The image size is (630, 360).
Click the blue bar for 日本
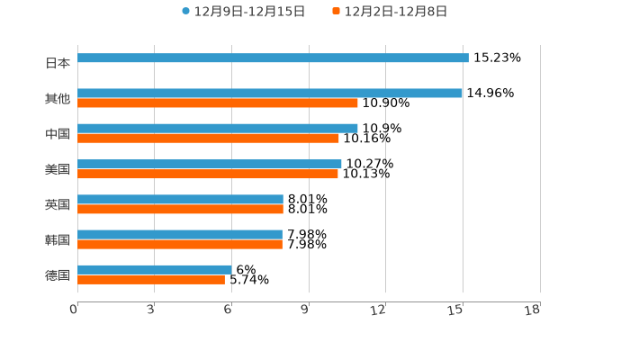click(273, 58)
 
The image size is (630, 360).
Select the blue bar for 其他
click(270, 94)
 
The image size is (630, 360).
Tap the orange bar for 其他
click(218, 103)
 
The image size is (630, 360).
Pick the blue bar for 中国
click(218, 129)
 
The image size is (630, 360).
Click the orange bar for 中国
click(208, 139)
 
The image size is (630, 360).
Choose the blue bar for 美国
click(210, 165)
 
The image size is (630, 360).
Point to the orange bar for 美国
click(208, 175)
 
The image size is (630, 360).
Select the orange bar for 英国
click(180, 210)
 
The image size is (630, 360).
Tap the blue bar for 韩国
click(180, 235)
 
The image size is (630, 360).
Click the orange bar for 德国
click(151, 280)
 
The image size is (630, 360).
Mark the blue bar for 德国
click(155, 270)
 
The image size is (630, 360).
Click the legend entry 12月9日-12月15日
click(243, 12)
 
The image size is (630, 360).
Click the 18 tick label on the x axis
click(533, 310)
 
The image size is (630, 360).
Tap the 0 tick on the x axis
click(74, 310)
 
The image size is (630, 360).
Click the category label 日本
click(58, 64)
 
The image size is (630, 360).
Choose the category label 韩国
click(58, 240)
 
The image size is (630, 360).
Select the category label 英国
click(58, 205)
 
